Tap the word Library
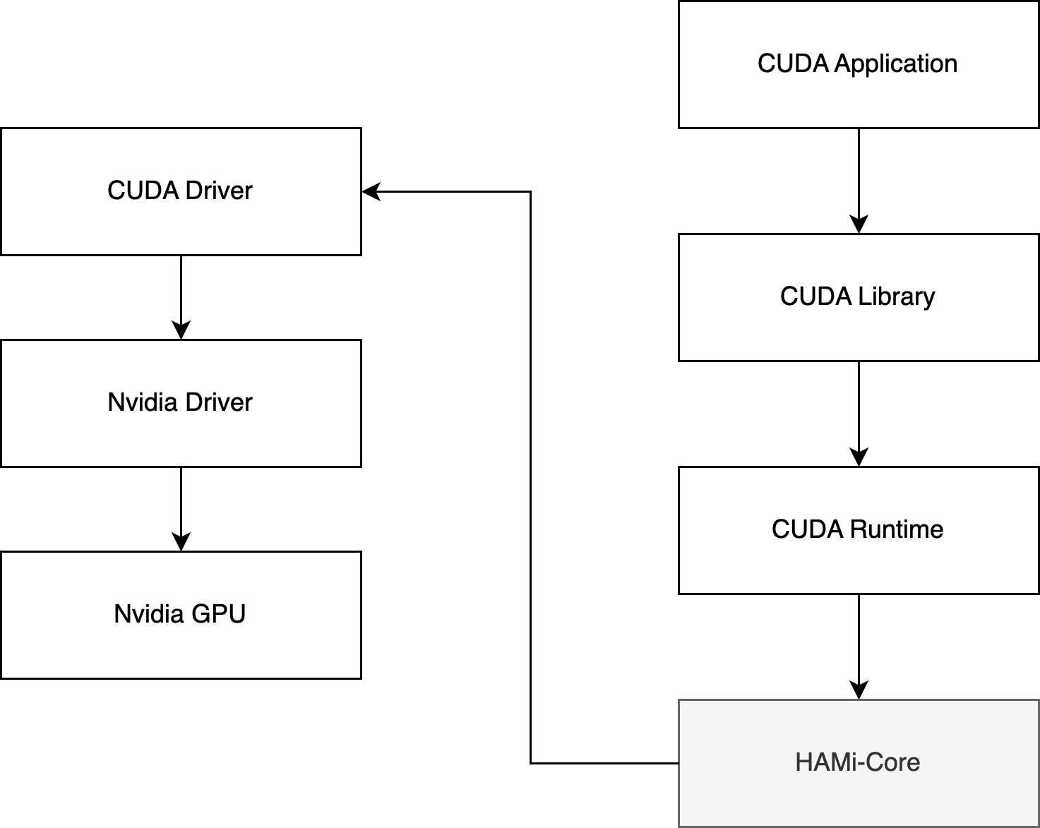tap(897, 296)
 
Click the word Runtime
tap(897, 529)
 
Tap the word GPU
tap(218, 614)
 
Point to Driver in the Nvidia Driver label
tap(219, 402)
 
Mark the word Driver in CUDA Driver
tap(219, 191)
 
